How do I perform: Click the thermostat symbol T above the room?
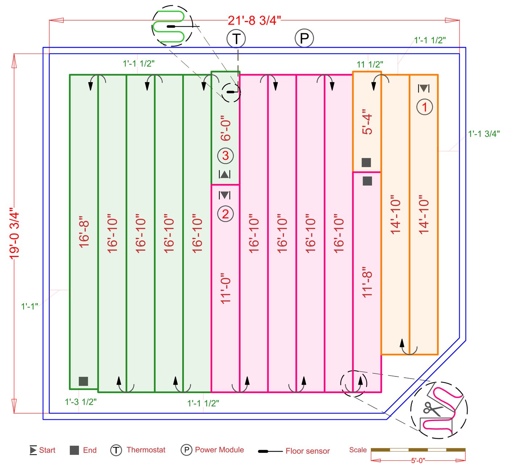[x=236, y=38]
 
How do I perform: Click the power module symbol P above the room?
[x=304, y=38]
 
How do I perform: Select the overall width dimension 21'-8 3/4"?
[x=254, y=20]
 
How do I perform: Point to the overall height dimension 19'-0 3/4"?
[x=14, y=233]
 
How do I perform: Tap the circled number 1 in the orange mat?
[x=424, y=107]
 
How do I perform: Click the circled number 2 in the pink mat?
[x=225, y=214]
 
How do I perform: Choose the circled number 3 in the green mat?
[x=225, y=156]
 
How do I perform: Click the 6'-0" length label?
[x=226, y=128]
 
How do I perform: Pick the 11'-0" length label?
[x=226, y=288]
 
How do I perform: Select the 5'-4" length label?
[x=367, y=122]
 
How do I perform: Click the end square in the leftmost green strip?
[x=83, y=381]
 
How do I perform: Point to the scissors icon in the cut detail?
[x=432, y=409]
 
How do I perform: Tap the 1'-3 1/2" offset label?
[x=80, y=402]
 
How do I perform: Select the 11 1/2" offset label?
[x=370, y=64]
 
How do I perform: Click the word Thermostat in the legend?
[x=146, y=450]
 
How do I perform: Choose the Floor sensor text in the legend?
[x=307, y=451]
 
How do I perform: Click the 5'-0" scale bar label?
[x=418, y=461]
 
